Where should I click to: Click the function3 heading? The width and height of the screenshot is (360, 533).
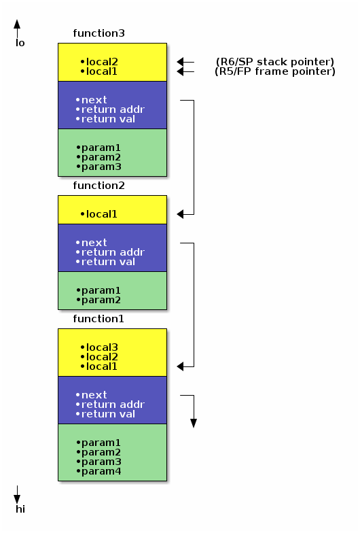click(98, 33)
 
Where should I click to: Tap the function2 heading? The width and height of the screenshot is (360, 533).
click(98, 186)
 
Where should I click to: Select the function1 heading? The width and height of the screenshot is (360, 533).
click(98, 319)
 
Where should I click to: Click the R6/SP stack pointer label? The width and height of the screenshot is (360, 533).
click(274, 62)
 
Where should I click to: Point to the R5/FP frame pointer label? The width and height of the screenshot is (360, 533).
click(274, 71)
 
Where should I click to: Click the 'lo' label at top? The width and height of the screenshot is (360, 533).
click(20, 43)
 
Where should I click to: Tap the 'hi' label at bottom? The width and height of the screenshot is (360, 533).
click(20, 509)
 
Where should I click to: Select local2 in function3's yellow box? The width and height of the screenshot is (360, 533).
click(102, 62)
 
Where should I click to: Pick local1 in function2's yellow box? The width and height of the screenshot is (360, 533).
click(102, 214)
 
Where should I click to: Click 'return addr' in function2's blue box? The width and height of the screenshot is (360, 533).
click(112, 252)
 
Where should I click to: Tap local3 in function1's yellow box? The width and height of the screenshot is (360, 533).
click(102, 347)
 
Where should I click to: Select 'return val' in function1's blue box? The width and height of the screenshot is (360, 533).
click(108, 414)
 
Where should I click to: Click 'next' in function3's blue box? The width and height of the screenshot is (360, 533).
click(94, 100)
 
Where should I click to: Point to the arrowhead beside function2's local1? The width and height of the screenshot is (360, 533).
click(181, 214)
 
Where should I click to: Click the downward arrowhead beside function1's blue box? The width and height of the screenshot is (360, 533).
click(194, 423)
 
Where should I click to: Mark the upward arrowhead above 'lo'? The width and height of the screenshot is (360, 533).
click(17, 24)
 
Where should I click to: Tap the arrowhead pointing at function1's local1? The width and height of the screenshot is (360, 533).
click(181, 366)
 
